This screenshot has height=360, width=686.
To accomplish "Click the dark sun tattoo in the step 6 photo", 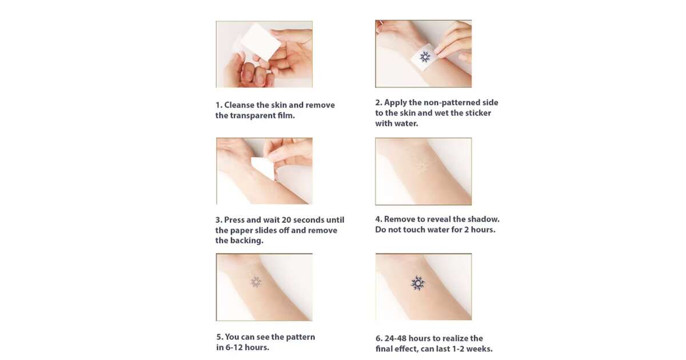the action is pos(418,283).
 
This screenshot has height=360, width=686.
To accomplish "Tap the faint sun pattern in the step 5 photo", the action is pos(256,282).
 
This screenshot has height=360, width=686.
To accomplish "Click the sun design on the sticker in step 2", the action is pos(425,57).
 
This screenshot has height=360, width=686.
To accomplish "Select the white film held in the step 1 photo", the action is pos(261,42).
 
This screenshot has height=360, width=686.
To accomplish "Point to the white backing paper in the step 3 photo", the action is pos(264,168).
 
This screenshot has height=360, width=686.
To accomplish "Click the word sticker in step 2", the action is pos(478,113).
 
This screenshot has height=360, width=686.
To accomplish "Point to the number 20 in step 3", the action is pos(286,220).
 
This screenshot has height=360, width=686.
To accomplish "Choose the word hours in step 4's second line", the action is pos(484,230).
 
